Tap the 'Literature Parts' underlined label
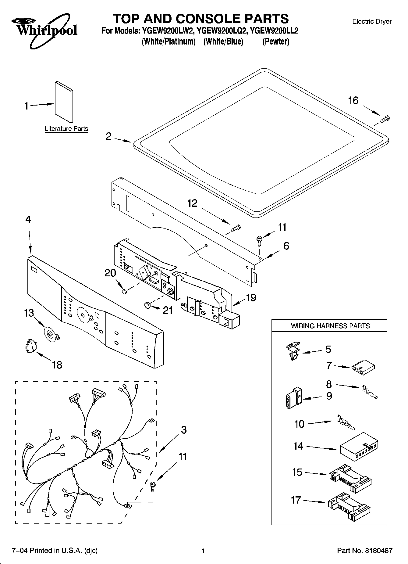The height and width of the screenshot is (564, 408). (66, 129)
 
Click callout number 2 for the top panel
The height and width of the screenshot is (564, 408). (108, 136)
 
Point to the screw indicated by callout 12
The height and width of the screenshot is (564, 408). (236, 228)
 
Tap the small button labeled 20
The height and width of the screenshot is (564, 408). (124, 292)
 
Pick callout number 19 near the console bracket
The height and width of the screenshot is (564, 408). (251, 298)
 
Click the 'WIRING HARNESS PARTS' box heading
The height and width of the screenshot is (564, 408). (330, 326)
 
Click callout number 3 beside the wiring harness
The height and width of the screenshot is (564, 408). (183, 430)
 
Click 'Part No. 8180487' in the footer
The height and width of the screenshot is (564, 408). (364, 551)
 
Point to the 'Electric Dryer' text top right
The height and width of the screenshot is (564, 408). (371, 22)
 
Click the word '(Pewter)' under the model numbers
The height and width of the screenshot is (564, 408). (275, 42)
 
